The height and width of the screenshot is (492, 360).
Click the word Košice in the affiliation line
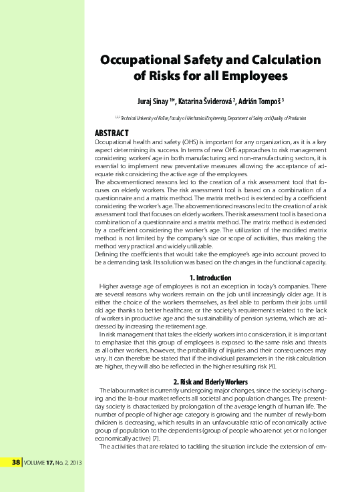coord(159,117)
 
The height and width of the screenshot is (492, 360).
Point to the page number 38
coord(17,462)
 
